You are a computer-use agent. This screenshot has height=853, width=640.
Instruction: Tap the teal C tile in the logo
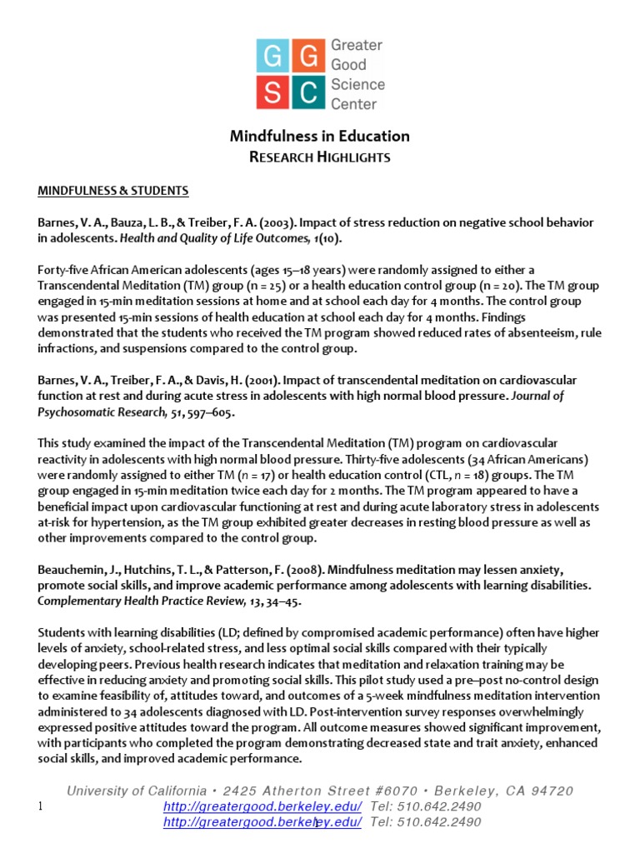pyautogui.click(x=309, y=92)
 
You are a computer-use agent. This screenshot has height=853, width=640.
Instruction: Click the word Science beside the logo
pyautogui.click(x=357, y=84)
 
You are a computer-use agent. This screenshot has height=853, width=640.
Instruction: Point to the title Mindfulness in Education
pyautogui.click(x=319, y=136)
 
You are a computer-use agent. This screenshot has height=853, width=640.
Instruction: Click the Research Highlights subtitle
pyautogui.click(x=320, y=157)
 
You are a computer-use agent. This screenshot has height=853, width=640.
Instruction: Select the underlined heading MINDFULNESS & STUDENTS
pyautogui.click(x=113, y=191)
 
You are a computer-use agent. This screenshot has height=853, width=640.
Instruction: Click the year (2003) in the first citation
pyautogui.click(x=277, y=222)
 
